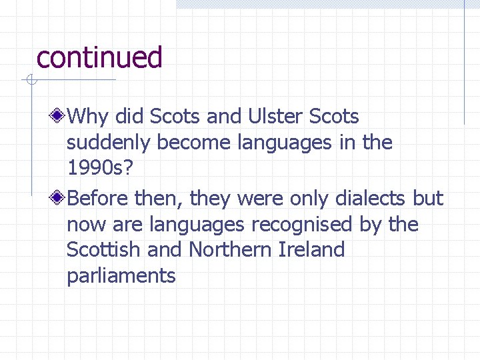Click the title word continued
pyautogui.click(x=99, y=58)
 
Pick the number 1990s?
pyautogui.click(x=99, y=168)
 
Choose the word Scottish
pyautogui.click(x=103, y=250)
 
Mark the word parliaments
pyautogui.click(x=121, y=276)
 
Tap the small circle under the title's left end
pyautogui.click(x=29, y=81)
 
